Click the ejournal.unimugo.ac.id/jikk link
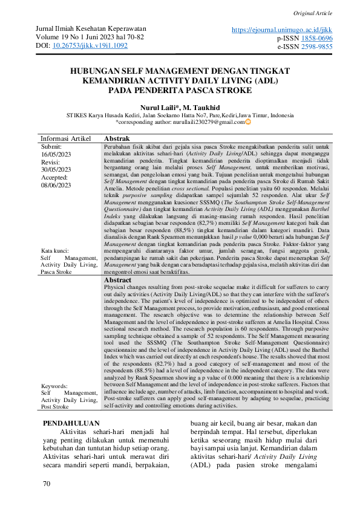283,29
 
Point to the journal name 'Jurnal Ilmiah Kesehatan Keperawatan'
91,29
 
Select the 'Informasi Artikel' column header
65,138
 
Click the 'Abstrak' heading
117,138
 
